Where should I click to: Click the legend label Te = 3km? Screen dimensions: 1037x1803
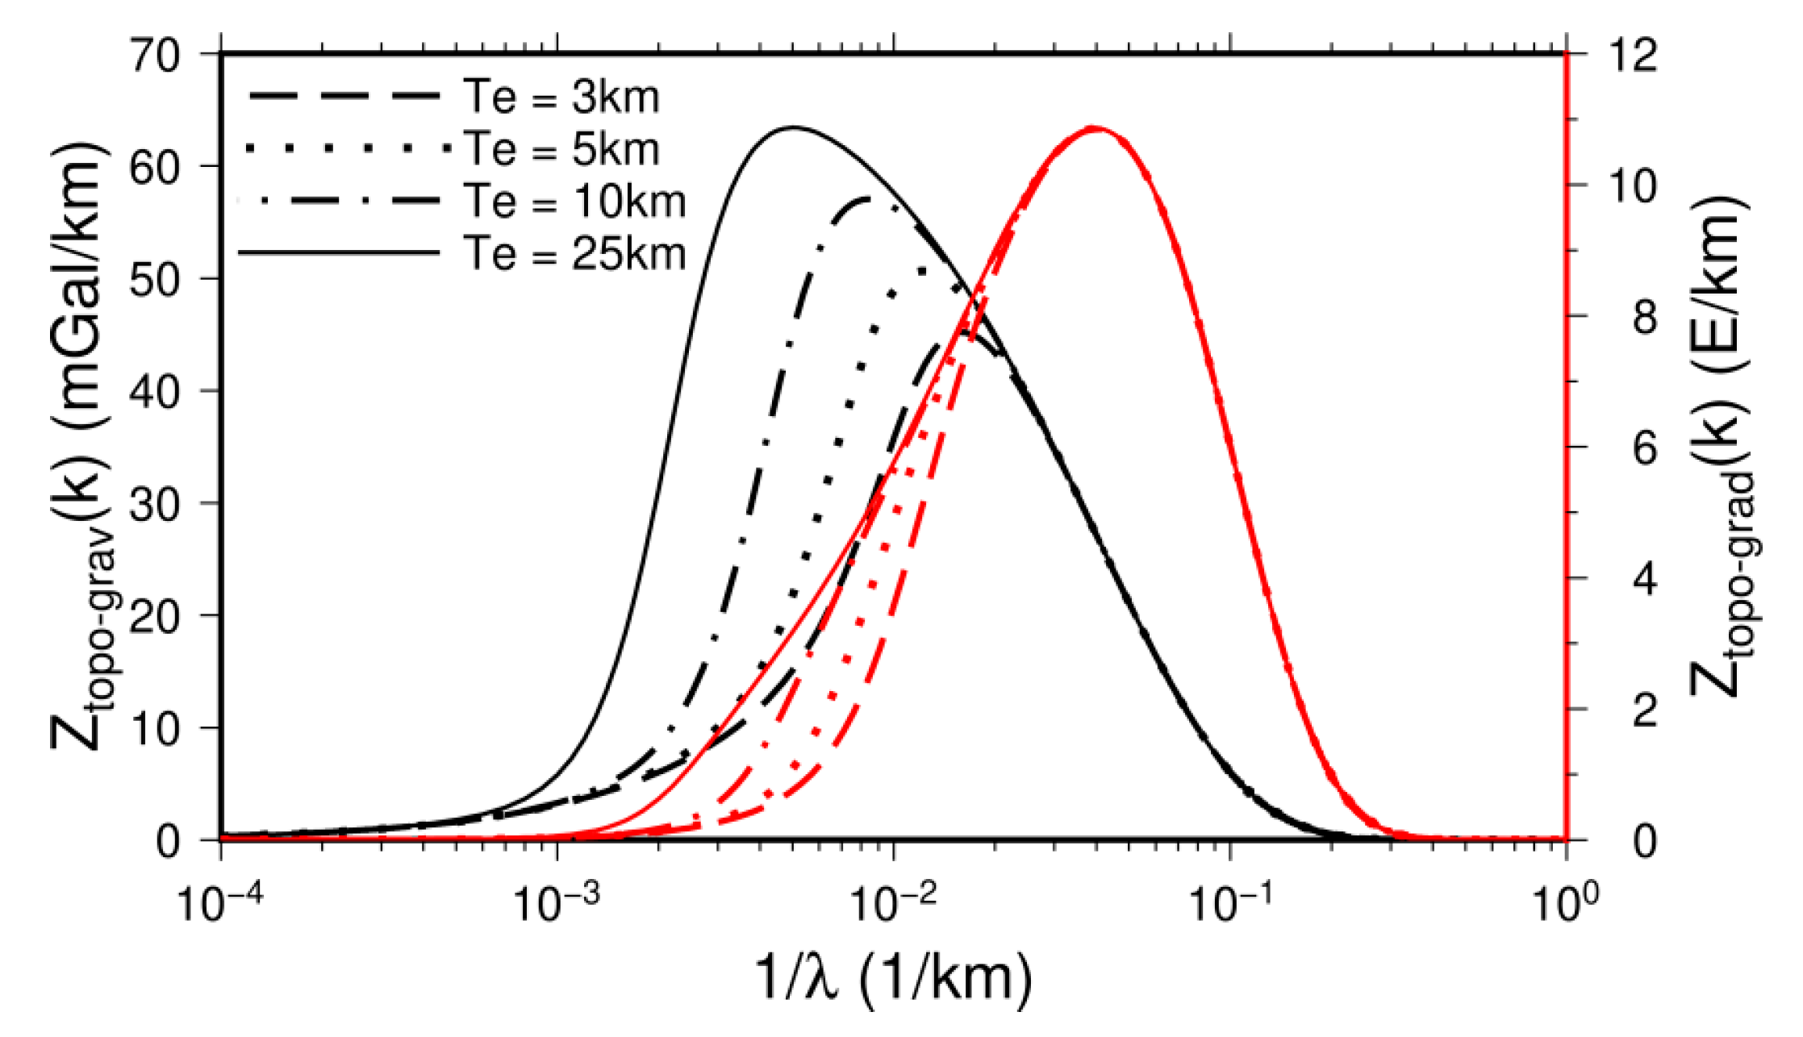(x=561, y=98)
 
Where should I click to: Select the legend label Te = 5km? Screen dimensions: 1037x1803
(x=561, y=150)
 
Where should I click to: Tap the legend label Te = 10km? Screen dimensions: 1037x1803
(x=574, y=202)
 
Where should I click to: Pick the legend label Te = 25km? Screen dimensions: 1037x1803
(x=574, y=254)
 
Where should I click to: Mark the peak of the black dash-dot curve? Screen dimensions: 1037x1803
(x=867, y=198)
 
